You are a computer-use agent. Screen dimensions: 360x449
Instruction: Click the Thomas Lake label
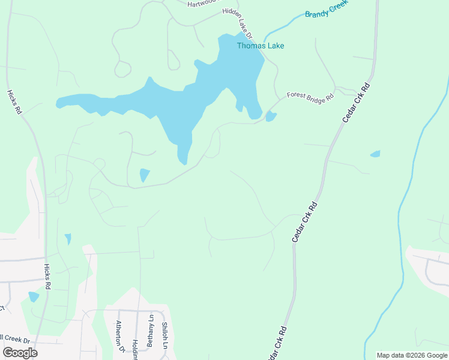pos(261,46)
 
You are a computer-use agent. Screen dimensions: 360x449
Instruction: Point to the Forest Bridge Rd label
pos(310,96)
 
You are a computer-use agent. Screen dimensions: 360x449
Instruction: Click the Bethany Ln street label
pos(151,326)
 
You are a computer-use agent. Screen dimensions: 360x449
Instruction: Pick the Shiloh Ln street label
pos(164,334)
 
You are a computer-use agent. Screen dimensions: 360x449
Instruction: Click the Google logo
pos(20,353)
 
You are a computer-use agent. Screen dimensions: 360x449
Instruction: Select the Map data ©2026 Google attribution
pos(412,355)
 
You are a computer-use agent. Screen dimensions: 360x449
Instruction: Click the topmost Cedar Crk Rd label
pos(357,103)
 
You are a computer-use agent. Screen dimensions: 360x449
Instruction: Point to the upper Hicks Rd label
pos(15,102)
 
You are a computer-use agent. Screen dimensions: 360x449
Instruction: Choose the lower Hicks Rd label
pos(47,277)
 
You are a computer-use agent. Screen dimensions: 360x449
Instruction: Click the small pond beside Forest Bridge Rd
pos(271,116)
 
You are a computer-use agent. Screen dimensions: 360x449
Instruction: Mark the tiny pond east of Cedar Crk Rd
pos(375,154)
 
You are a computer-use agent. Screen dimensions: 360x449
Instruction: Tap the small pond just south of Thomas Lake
pos(144,175)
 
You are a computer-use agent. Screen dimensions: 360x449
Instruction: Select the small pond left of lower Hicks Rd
pos(34,296)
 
